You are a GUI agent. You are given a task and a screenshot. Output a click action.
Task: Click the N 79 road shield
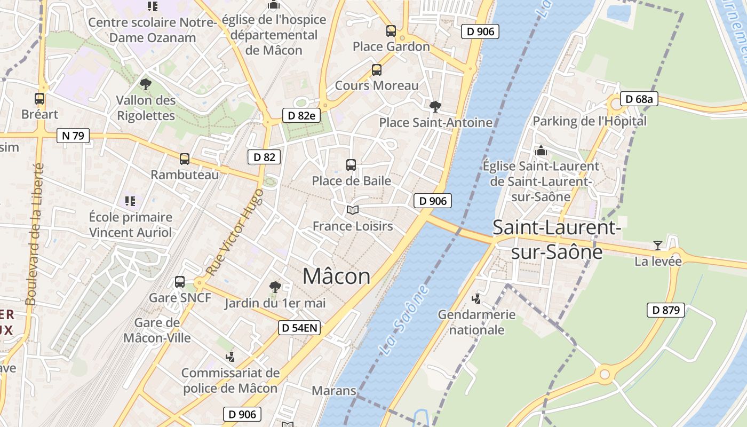(73, 136)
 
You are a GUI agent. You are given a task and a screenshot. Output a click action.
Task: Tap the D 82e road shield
(301, 115)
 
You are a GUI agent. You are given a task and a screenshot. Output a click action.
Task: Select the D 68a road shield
(639, 99)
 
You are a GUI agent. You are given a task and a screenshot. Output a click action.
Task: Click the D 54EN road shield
(299, 328)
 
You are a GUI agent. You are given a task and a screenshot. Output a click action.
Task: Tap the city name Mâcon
(336, 276)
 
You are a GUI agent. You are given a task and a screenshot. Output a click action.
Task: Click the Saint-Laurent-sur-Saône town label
(557, 239)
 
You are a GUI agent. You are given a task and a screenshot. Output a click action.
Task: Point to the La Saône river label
(404, 320)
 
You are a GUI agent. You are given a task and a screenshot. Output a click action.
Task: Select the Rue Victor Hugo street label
(235, 232)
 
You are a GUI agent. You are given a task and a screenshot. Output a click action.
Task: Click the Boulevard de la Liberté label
(34, 234)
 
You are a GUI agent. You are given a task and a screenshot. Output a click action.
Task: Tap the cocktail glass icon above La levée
(658, 246)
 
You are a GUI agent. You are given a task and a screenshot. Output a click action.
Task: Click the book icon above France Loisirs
(352, 210)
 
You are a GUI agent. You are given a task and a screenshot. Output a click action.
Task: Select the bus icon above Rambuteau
(185, 159)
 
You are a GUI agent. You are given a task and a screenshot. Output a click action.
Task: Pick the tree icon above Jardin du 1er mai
(275, 287)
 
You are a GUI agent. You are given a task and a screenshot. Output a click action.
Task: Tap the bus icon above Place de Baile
(351, 165)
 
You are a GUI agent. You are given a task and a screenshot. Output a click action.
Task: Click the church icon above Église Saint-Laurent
(541, 151)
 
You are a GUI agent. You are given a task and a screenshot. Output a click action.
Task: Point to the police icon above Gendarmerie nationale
(476, 298)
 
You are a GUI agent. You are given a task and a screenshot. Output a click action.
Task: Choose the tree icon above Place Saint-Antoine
(435, 106)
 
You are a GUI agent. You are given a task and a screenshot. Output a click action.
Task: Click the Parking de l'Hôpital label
(590, 121)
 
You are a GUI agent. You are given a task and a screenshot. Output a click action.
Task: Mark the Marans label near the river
(333, 390)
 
